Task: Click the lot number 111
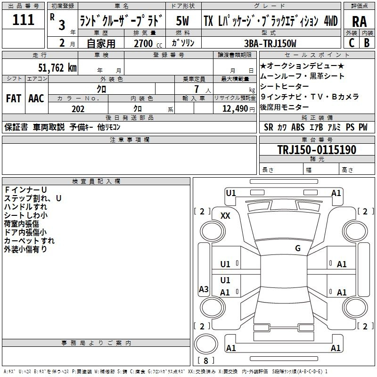pos(24,20)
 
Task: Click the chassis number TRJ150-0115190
pos(316,150)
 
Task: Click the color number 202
pos(78,109)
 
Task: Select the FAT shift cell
pos(13,98)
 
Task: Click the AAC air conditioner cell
pos(36,98)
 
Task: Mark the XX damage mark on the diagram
pos(226,215)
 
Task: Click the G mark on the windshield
pos(297,248)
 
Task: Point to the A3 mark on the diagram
pos(204,289)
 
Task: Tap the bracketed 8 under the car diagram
pos(205,361)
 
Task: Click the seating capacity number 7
pos(202,89)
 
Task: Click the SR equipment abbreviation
pos(269,127)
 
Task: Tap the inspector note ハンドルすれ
pos(25,206)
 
